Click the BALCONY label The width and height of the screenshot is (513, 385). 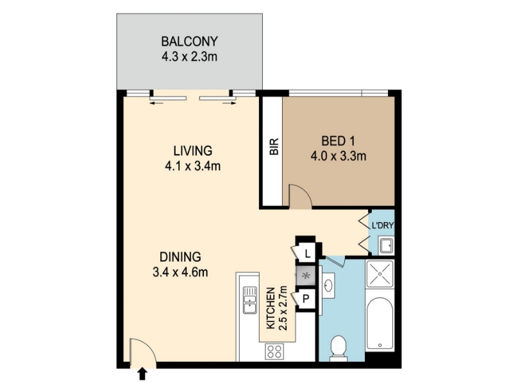pyautogui.click(x=189, y=42)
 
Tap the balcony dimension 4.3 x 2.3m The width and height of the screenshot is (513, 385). pyautogui.click(x=189, y=56)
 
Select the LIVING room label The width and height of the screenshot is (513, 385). pyautogui.click(x=193, y=151)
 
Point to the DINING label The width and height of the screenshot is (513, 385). pyautogui.click(x=180, y=257)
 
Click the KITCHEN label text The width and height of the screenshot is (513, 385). pyautogui.click(x=271, y=308)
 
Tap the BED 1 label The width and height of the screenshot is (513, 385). pyautogui.click(x=338, y=141)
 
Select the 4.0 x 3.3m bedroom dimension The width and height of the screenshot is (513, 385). pyautogui.click(x=338, y=156)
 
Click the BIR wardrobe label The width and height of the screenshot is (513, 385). pyautogui.click(x=274, y=146)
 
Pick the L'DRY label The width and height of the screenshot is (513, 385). pyautogui.click(x=382, y=226)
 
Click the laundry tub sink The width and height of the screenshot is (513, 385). pyautogui.click(x=387, y=246)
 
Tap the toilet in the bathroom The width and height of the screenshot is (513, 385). pyautogui.click(x=339, y=348)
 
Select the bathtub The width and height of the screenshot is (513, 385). pyautogui.click(x=380, y=323)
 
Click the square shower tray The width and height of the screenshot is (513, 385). pyautogui.click(x=380, y=274)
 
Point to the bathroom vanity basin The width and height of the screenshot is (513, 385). pyautogui.click(x=328, y=286)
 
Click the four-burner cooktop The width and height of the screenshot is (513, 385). pyautogui.click(x=274, y=351)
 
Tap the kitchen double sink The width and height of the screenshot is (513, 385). pyautogui.click(x=249, y=300)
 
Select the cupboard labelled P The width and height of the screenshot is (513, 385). pyautogui.click(x=306, y=298)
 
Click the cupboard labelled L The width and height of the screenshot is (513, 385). pyautogui.click(x=307, y=253)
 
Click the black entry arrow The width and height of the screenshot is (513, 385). pyautogui.click(x=142, y=373)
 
